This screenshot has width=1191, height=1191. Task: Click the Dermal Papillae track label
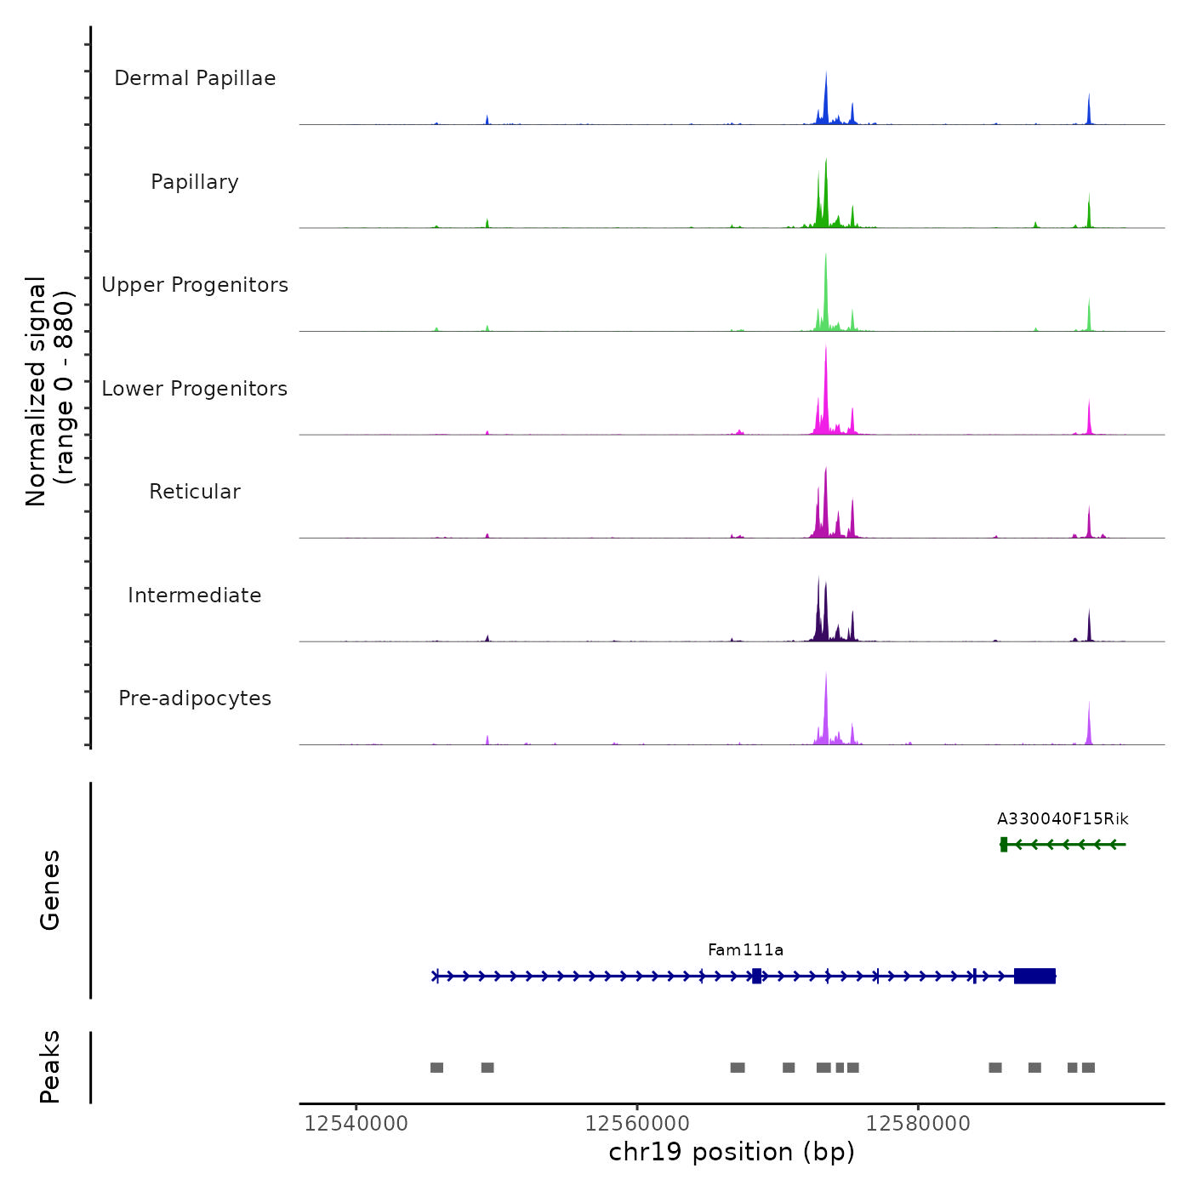[x=195, y=78]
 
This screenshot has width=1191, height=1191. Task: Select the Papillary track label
[x=195, y=182]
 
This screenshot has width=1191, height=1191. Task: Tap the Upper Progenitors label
[x=195, y=285]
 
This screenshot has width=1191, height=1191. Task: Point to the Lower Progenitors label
[x=195, y=389]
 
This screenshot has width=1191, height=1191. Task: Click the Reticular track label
[x=195, y=492]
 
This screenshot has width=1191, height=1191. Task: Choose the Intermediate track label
[x=195, y=595]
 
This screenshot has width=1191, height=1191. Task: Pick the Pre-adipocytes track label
[x=195, y=698]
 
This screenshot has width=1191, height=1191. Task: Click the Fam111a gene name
[x=745, y=950]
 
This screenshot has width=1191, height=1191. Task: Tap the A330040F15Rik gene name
[x=1063, y=819]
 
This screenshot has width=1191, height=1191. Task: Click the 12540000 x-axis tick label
[x=356, y=1124]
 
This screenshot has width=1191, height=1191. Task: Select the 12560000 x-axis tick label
[x=637, y=1124]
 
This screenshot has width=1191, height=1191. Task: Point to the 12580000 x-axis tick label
[x=918, y=1124]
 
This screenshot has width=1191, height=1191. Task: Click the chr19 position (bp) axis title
[x=732, y=1152]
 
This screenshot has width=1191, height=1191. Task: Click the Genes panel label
[x=50, y=890]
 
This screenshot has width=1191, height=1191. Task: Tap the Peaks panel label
[x=50, y=1067]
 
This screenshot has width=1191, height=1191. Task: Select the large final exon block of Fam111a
[x=1034, y=976]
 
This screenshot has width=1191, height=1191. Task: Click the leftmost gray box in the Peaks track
[x=436, y=1068]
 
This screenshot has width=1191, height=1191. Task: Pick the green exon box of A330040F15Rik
[x=1004, y=844]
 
